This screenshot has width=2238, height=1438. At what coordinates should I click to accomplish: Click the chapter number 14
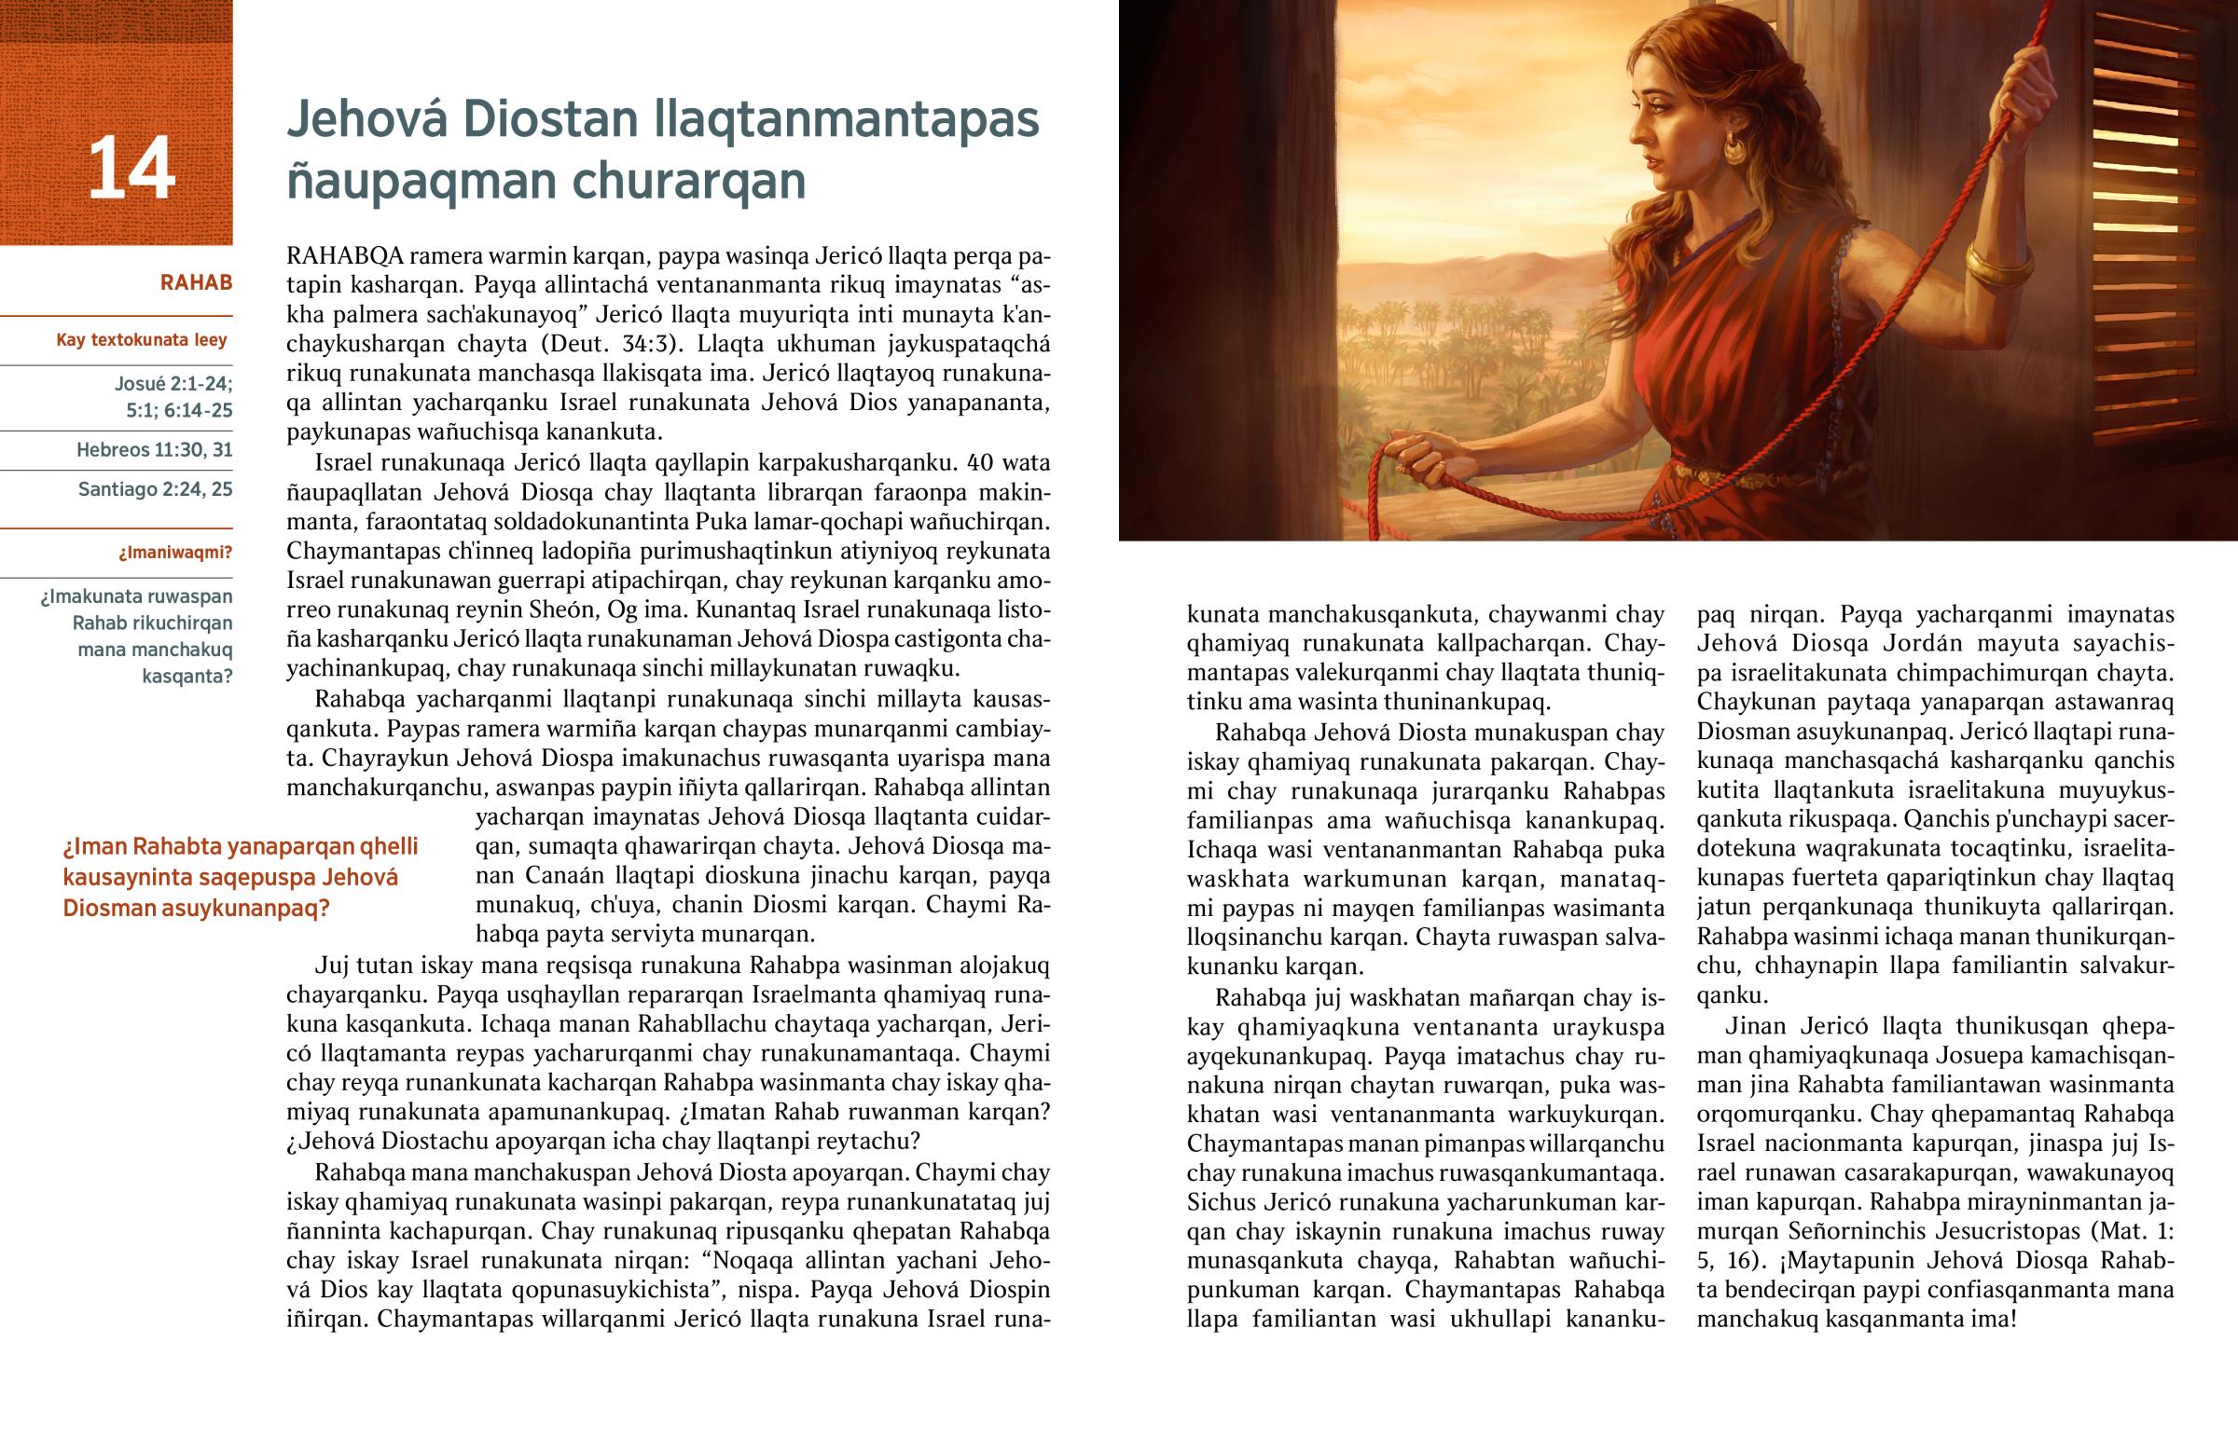(x=131, y=168)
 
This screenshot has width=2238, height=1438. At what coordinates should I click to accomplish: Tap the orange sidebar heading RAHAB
(x=196, y=283)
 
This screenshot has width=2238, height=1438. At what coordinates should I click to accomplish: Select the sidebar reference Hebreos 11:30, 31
(x=154, y=450)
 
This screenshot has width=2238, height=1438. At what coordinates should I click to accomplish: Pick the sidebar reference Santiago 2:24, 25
(x=155, y=489)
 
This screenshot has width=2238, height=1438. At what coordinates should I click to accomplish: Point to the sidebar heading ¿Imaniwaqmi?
(x=174, y=553)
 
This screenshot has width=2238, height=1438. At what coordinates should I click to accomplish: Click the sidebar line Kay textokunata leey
(x=142, y=340)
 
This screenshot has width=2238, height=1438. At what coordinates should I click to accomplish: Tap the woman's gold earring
(x=1734, y=148)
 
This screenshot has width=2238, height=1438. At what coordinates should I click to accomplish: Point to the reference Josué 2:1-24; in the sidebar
(x=173, y=383)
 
